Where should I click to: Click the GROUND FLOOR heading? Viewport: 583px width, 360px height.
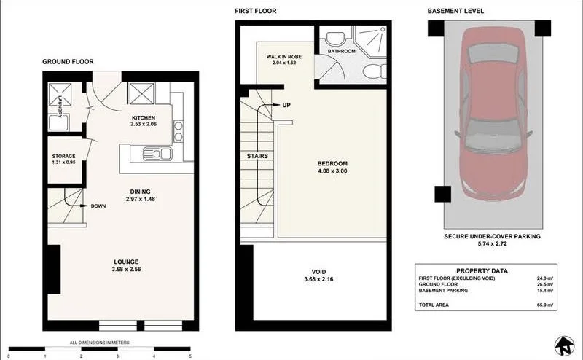(x=68, y=62)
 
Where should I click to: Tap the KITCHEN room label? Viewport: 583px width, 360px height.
(x=144, y=119)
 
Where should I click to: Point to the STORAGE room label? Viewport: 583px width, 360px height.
(x=63, y=157)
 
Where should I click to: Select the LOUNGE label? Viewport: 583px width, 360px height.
(x=125, y=262)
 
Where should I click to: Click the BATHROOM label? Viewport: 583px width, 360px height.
(x=340, y=52)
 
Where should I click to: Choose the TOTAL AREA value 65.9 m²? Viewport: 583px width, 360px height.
(x=544, y=305)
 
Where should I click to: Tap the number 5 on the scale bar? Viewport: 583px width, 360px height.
(x=190, y=356)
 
